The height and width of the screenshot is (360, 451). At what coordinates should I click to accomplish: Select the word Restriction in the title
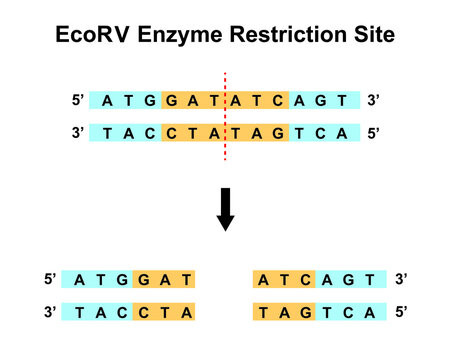pyautogui.click(x=291, y=35)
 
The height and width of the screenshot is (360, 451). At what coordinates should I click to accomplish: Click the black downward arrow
pyautogui.click(x=226, y=207)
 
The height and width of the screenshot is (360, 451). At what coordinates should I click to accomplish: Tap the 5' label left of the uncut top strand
pyautogui.click(x=78, y=101)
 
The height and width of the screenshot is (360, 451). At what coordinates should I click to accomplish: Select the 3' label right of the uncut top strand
pyautogui.click(x=375, y=101)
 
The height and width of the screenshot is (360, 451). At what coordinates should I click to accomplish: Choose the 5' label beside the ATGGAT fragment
pyautogui.click(x=50, y=281)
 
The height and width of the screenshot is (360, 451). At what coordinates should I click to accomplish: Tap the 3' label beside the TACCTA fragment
pyautogui.click(x=50, y=313)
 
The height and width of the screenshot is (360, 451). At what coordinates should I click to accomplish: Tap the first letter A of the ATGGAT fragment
pyautogui.click(x=78, y=281)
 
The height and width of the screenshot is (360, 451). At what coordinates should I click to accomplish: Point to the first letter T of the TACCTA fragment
pyautogui.click(x=78, y=313)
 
